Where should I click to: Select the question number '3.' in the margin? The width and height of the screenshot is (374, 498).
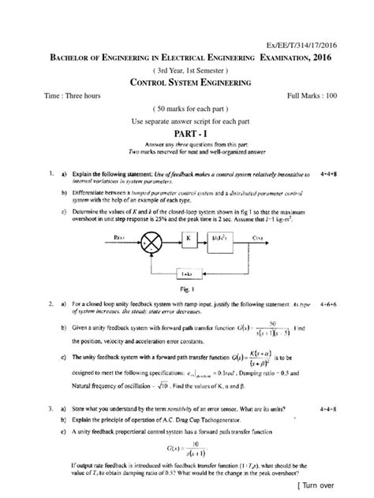(50, 409)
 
